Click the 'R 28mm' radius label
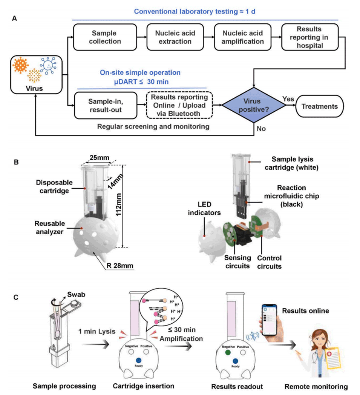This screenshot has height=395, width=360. point(121,266)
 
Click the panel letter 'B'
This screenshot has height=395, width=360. point(15,162)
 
